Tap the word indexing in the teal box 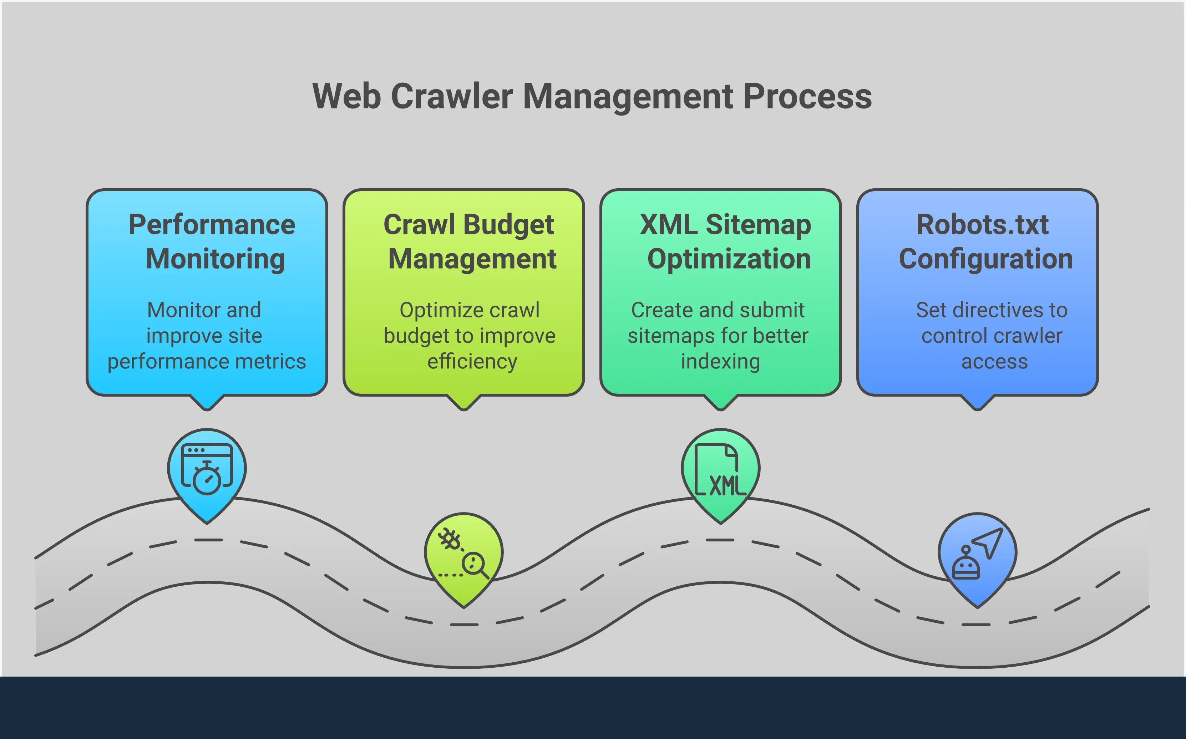(721, 362)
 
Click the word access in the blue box (994, 362)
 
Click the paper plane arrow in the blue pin (989, 541)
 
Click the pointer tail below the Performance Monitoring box (207, 403)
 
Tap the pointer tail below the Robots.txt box (978, 403)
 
